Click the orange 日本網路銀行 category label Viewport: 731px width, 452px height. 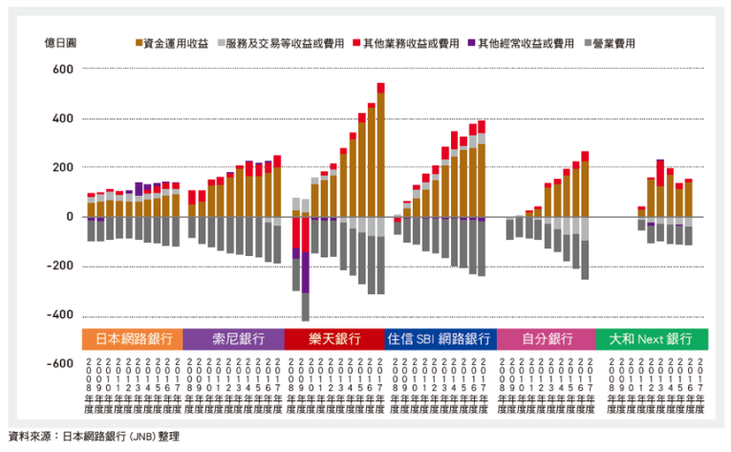pos(131,339)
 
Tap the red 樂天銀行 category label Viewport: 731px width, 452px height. pos(334,339)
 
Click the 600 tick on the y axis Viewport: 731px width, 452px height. pos(62,69)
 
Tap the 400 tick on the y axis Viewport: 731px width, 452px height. pos(62,118)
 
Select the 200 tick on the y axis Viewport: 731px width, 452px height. pos(62,167)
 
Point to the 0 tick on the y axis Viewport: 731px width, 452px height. pos(70,217)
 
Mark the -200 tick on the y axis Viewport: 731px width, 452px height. pos(59,266)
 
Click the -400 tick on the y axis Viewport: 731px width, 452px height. pos(59,315)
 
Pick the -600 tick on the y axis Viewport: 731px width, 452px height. pos(59,364)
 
